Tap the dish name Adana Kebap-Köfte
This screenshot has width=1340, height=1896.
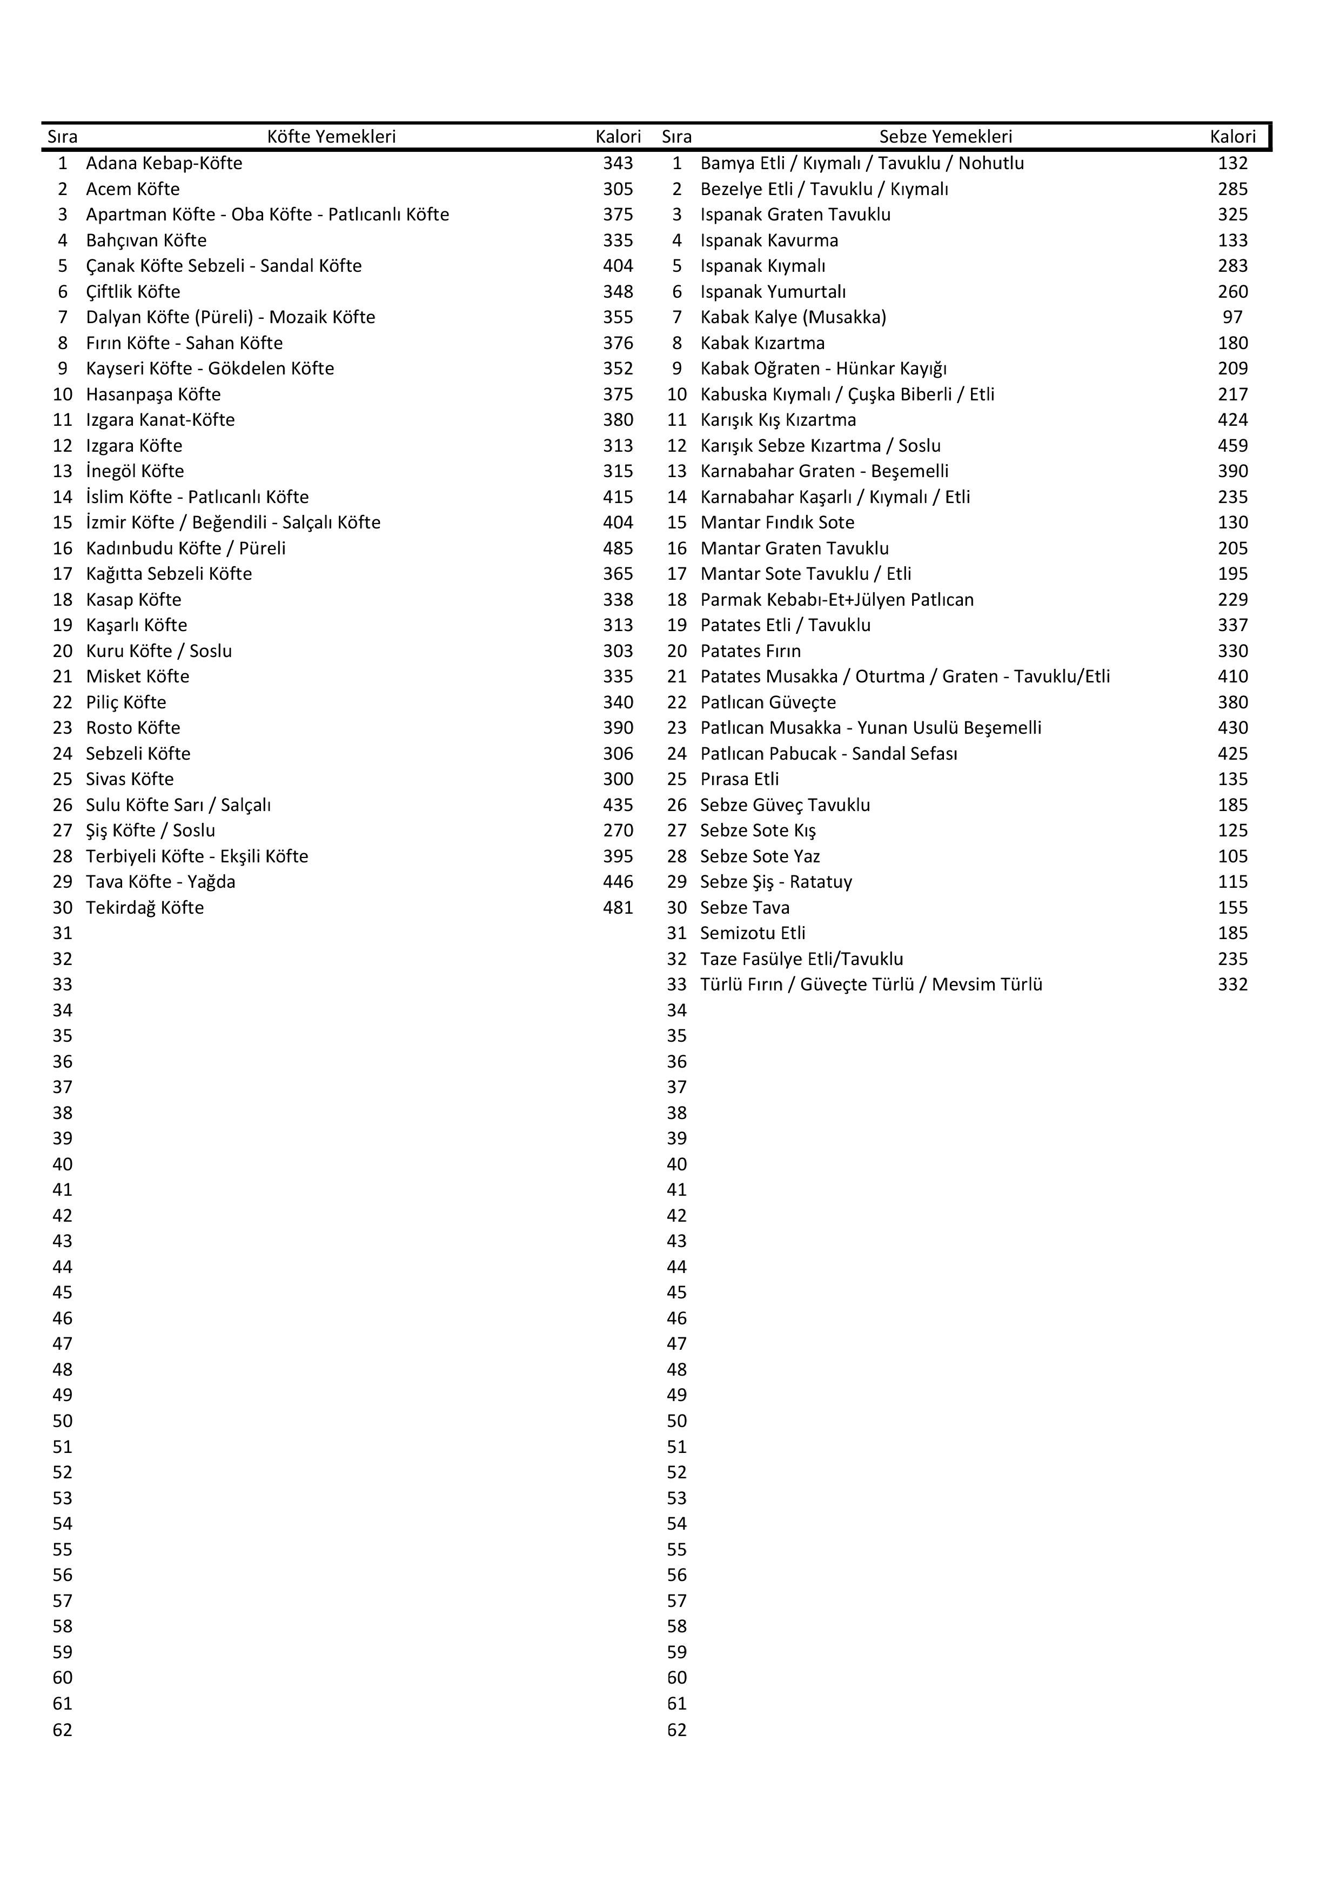164,164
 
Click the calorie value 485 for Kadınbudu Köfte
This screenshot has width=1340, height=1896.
618,548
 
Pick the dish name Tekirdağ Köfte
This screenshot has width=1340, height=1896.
144,908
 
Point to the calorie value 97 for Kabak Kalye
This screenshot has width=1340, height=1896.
1232,317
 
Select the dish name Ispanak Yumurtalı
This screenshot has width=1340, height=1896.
773,291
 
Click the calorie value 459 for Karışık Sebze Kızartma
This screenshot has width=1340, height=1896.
1232,446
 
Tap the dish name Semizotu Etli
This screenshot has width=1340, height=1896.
752,933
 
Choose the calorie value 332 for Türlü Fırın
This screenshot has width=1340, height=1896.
1232,984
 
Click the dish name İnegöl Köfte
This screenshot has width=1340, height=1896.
135,472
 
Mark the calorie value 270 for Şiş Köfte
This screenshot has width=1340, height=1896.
618,830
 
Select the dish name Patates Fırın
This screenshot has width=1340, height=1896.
751,651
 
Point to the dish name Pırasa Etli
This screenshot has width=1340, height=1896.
739,780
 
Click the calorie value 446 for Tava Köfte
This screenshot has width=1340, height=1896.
618,882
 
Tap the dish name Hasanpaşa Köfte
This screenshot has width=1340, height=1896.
153,395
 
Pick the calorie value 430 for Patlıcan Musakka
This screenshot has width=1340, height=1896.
1232,727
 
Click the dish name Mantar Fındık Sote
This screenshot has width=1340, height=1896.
777,522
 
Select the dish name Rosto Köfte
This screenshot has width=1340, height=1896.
133,727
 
